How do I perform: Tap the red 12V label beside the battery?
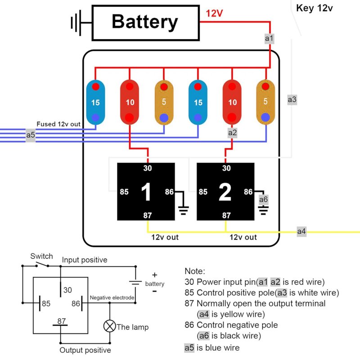coord(214,13)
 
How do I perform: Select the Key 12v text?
coord(314,8)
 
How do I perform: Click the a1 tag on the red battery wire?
coord(269,39)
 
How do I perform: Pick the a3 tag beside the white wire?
coord(292,99)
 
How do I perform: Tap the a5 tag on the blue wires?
coord(31,135)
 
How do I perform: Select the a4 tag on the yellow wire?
coord(301,232)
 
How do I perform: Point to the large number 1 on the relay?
coord(146,192)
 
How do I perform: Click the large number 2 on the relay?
coord(225,192)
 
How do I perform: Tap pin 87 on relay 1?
coord(148,216)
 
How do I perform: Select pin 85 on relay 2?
coord(203,192)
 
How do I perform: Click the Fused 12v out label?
coord(59,124)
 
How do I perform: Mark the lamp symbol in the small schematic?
coord(109,327)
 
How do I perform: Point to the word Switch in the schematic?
coord(41,256)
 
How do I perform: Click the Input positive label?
coord(85,260)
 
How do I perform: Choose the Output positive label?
coord(85,350)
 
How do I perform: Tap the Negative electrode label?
coord(112,297)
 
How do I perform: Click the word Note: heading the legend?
coord(194,271)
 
